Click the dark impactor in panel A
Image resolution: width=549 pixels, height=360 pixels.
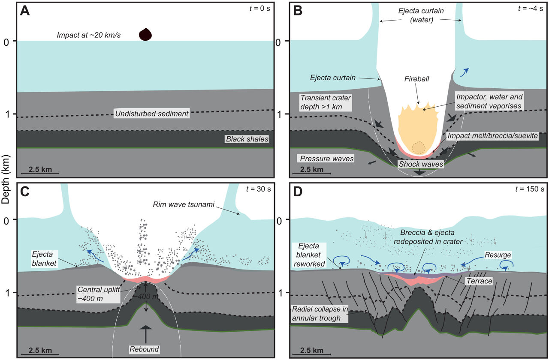[x=146, y=34]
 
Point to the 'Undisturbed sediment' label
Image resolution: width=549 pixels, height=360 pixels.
[x=151, y=114]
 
